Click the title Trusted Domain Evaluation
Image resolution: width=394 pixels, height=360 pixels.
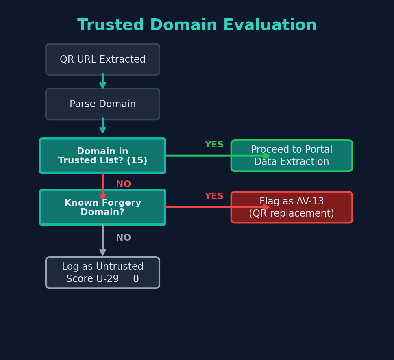(x=197, y=25)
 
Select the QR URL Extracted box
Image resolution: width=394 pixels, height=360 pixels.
(x=102, y=59)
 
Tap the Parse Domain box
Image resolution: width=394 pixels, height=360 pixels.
(x=102, y=104)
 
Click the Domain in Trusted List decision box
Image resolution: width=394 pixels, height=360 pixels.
(x=102, y=156)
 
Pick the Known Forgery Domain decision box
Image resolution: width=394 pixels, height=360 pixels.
(x=102, y=207)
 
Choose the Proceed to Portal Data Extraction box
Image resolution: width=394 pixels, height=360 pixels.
(x=292, y=156)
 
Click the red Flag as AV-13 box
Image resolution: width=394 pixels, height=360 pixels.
(x=292, y=207)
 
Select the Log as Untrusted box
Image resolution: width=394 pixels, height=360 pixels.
(x=102, y=273)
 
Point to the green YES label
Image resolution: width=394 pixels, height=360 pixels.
(x=214, y=145)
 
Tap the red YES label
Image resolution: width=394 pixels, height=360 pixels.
(x=214, y=197)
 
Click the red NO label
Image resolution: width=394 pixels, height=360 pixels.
(x=123, y=184)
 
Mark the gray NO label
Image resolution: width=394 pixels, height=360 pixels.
(x=123, y=238)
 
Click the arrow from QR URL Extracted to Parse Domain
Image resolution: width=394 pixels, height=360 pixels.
(x=102, y=81)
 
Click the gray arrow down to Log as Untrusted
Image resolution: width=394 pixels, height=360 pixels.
(x=102, y=241)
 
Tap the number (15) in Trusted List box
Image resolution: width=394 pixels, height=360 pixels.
(x=137, y=161)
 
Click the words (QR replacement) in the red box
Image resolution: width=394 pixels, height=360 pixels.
(x=292, y=214)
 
